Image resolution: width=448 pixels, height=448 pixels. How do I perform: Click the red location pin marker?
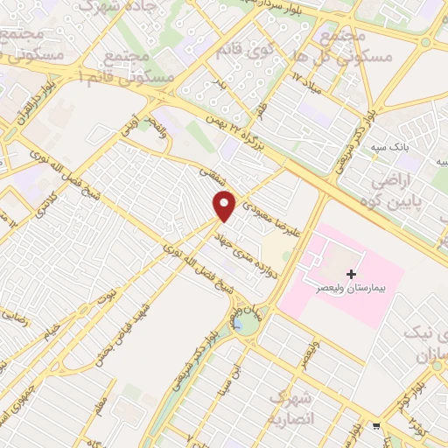(x=225, y=206)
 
